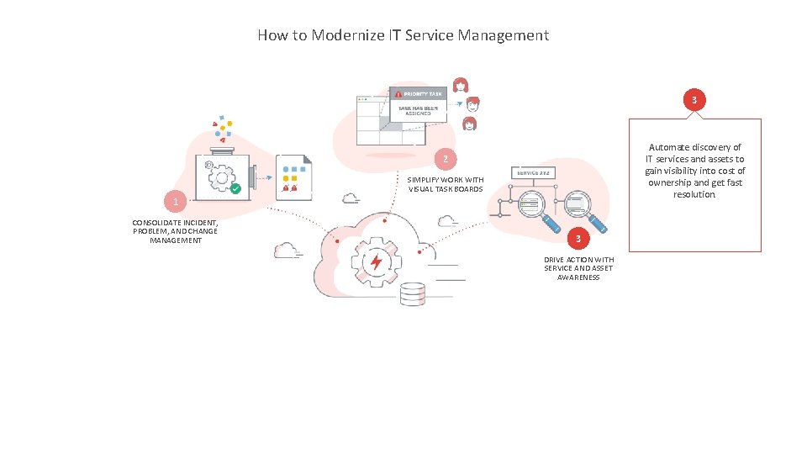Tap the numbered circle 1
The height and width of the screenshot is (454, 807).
pos(175,203)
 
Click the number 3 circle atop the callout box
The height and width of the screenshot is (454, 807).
pos(694,101)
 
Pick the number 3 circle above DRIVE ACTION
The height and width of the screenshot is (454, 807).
pos(578,240)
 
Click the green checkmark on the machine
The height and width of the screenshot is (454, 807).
pos(236,189)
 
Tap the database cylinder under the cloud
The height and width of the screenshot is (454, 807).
pos(413,294)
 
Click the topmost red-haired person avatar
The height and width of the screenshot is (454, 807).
pos(461,85)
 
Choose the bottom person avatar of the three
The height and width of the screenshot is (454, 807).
pos(469,124)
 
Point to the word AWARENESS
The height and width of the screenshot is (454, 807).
pos(578,277)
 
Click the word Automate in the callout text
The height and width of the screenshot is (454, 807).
pos(668,147)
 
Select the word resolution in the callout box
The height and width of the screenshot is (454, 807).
pos(694,194)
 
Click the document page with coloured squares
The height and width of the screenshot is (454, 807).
pos(294,176)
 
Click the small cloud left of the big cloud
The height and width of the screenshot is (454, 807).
pos(287,250)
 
